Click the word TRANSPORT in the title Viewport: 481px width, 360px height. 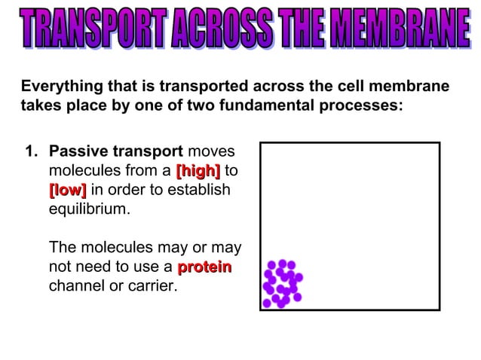click(x=90, y=29)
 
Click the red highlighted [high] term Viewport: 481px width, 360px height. click(x=198, y=170)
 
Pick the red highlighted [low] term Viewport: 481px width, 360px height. click(x=67, y=190)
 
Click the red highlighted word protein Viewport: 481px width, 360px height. click(x=204, y=267)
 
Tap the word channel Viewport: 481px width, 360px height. click(x=75, y=287)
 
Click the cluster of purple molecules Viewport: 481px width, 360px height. click(x=282, y=284)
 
